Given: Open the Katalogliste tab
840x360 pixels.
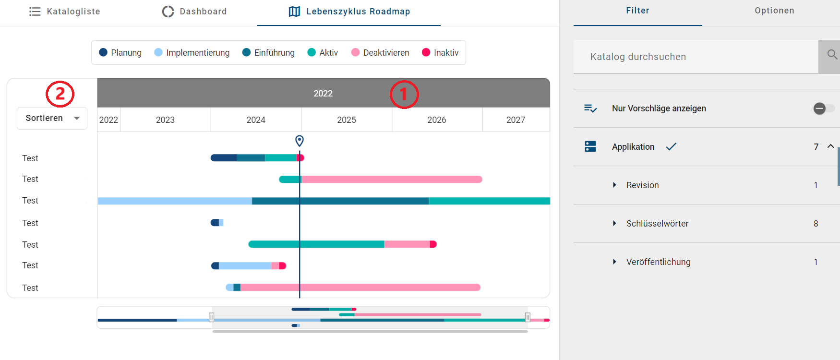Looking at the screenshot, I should (65, 12).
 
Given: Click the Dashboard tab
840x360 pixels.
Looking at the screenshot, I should (194, 12).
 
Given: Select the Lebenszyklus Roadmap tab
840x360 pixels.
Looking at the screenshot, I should (349, 12).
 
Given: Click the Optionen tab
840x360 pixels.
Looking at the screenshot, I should (774, 11).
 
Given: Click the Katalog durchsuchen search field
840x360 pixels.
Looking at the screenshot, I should (696, 57).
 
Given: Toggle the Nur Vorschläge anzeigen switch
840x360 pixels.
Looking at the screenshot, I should (823, 108).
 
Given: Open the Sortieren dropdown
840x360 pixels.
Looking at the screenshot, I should (52, 118).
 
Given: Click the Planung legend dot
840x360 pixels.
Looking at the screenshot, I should (103, 52).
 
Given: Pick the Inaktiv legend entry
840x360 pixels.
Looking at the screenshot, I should (440, 53).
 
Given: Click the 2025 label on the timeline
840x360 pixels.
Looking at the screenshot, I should (347, 120).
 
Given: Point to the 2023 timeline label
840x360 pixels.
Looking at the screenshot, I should (165, 120).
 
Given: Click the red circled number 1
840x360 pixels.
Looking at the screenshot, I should (404, 94).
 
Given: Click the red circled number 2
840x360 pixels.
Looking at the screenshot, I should (60, 94).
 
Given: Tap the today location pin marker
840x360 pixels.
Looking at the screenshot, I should (300, 141).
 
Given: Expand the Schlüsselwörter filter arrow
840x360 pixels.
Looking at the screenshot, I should (614, 223).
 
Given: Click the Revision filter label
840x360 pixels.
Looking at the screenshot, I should (642, 185).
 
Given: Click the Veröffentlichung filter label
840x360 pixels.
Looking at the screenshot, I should (658, 262).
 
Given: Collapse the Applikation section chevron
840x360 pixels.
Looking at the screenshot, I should (830, 146).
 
